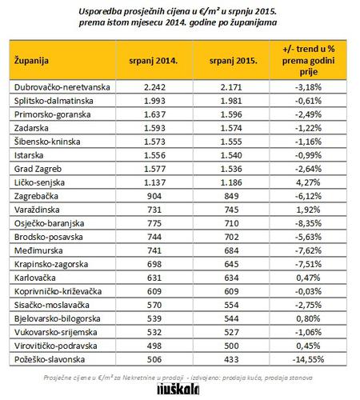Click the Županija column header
(31, 61)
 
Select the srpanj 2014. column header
(154, 61)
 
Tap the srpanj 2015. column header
(234, 61)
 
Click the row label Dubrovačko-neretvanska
(62, 87)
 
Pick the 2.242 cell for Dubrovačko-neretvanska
(154, 87)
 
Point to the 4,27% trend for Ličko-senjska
(308, 182)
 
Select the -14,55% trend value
(308, 359)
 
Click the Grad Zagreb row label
(38, 169)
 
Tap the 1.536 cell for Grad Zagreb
(231, 169)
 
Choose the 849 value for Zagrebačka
(231, 196)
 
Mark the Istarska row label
(29, 155)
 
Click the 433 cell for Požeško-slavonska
(231, 359)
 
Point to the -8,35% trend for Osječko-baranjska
(308, 223)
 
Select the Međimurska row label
(38, 250)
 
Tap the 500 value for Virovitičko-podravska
(231, 346)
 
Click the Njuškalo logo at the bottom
(178, 389)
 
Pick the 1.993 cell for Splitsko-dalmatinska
(154, 101)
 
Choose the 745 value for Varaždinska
(231, 210)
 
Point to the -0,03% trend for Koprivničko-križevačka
(308, 291)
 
